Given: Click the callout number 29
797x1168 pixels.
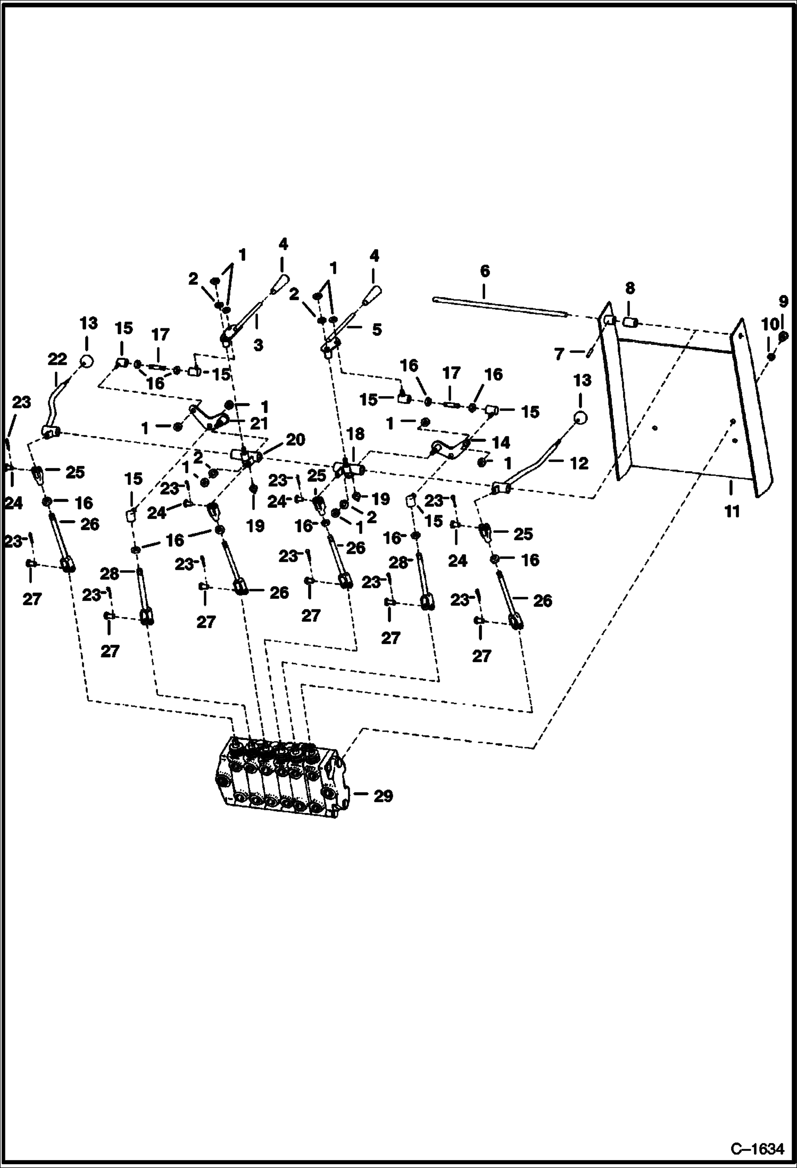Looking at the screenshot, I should [383, 796].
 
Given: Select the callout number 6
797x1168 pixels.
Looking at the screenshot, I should [484, 271].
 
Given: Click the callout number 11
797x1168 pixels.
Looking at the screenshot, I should [732, 512].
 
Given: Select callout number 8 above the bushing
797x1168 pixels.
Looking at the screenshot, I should [630, 289].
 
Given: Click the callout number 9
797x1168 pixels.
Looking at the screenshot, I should [783, 302].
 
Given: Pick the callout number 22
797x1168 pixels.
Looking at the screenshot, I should [57, 359].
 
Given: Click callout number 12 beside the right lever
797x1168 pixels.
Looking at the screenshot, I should [579, 463].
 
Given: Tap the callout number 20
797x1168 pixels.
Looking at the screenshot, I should [295, 440].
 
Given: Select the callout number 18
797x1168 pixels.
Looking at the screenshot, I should [355, 434].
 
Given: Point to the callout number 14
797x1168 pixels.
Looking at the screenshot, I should [501, 442].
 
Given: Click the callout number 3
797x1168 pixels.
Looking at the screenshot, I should [258, 345].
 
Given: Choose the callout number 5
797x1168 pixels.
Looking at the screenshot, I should [376, 330].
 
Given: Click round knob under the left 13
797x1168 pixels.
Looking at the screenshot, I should [86, 362].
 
